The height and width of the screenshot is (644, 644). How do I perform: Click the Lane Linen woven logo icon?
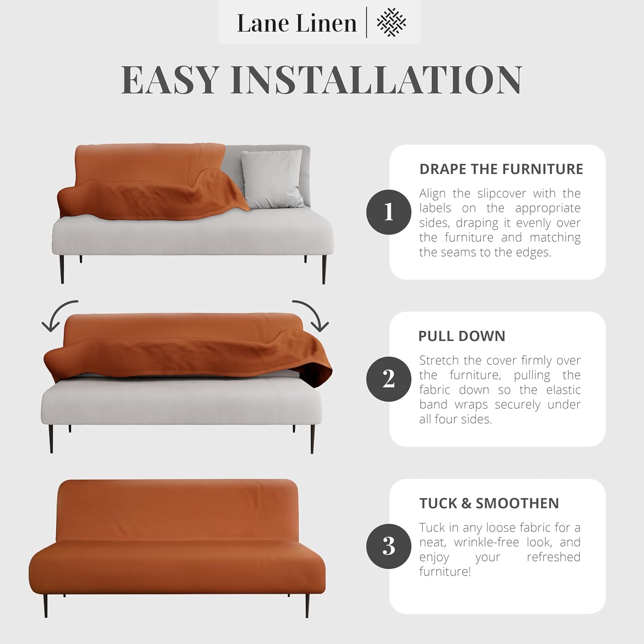pyautogui.click(x=391, y=22)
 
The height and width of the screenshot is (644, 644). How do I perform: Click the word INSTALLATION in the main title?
pyautogui.click(x=376, y=80)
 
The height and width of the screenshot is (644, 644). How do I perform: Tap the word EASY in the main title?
pyautogui.click(x=170, y=80)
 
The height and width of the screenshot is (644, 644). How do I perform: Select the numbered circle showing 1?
pyautogui.click(x=389, y=212)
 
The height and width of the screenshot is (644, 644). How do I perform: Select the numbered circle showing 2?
pyautogui.click(x=389, y=379)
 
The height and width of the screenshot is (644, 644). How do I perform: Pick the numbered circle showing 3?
pyautogui.click(x=389, y=546)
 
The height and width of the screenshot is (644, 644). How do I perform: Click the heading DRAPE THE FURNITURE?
pyautogui.click(x=501, y=169)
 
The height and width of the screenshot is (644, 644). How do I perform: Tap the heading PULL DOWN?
pyautogui.click(x=462, y=336)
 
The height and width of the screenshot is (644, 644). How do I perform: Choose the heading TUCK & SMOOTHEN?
pyautogui.click(x=489, y=503)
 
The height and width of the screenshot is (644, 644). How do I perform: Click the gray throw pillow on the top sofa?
pyautogui.click(x=272, y=178)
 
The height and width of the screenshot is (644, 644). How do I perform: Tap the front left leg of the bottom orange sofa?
pyautogui.click(x=46, y=605)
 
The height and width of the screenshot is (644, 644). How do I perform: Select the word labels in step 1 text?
pyautogui.click(x=435, y=208)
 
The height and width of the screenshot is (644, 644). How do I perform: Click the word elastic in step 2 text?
pyautogui.click(x=563, y=390)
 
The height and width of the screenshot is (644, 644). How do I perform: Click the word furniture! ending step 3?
pyautogui.click(x=445, y=571)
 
